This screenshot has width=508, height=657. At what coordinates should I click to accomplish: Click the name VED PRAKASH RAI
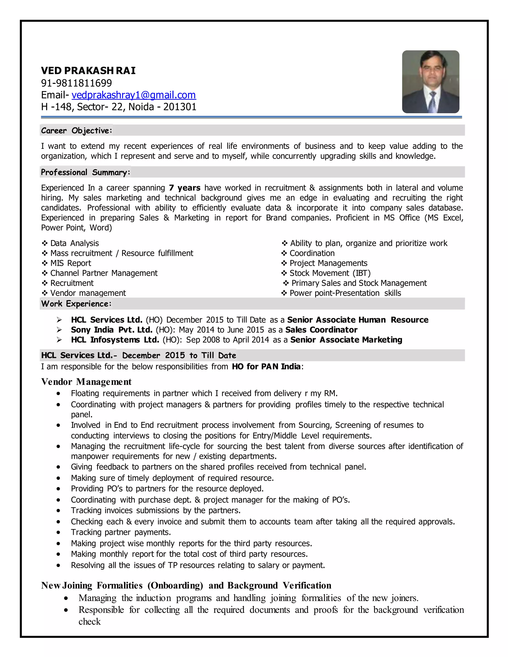click(88, 71)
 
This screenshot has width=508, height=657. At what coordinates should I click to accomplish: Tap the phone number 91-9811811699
click(76, 83)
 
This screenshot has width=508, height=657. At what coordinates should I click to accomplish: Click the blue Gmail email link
click(134, 95)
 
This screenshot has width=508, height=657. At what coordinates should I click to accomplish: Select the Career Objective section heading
click(76, 131)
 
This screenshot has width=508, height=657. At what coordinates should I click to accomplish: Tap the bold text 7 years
click(185, 188)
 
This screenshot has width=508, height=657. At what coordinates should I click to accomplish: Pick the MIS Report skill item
click(70, 263)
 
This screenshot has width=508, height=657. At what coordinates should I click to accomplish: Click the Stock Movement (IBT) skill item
click(330, 273)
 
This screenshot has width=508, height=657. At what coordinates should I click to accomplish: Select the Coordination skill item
click(312, 253)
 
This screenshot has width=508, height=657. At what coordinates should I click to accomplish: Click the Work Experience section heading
click(76, 304)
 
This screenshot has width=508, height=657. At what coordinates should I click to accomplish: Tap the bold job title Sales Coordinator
click(321, 330)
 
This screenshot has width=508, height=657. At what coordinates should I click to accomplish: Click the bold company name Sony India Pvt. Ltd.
click(112, 330)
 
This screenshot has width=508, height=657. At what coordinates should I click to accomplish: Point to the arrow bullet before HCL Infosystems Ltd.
click(59, 340)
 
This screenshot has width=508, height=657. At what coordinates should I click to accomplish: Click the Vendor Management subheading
click(86, 382)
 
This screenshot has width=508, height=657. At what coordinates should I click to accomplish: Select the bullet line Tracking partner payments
click(121, 533)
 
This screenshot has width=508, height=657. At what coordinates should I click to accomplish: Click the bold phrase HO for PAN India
click(266, 367)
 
